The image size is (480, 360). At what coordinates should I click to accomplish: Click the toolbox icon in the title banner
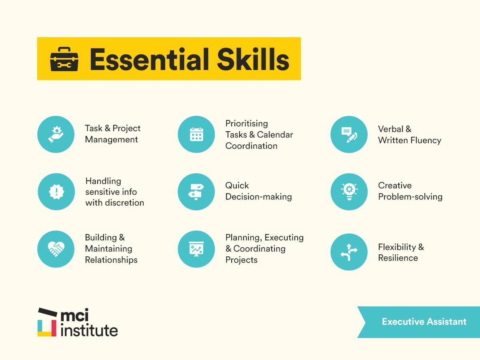click(64, 59)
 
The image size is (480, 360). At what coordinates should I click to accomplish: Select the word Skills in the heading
click(252, 59)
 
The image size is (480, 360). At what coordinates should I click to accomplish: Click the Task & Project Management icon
click(56, 134)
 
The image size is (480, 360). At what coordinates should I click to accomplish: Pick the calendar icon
click(196, 134)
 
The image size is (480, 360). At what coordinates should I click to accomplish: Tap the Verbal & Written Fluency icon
click(349, 135)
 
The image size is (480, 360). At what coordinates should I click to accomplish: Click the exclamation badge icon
click(56, 192)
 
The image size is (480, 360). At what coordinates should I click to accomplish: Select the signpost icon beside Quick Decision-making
click(196, 192)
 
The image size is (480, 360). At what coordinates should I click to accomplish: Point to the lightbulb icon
click(349, 192)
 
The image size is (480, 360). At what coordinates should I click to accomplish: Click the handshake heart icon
click(56, 249)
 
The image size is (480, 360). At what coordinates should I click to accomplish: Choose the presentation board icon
click(196, 249)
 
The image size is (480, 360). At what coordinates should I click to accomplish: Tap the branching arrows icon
click(349, 252)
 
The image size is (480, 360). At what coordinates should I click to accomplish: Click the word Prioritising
click(246, 123)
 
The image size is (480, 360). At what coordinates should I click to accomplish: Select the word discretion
click(124, 203)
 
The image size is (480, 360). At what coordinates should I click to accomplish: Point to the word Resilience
click(398, 258)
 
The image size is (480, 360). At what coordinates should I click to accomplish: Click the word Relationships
click(111, 260)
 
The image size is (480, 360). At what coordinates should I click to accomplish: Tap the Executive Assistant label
click(424, 322)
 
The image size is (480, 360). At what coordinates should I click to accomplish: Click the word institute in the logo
click(89, 330)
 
